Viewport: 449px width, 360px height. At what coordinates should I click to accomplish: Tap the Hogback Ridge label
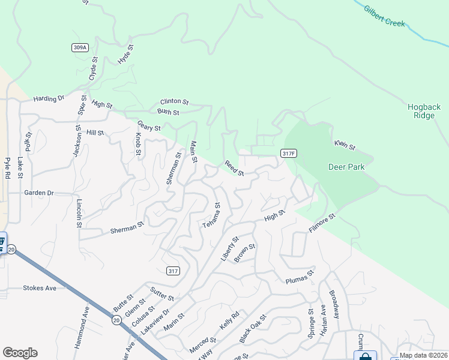424,111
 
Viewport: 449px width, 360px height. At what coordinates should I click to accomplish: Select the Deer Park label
346,167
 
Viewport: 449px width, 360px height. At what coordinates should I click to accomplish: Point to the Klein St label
345,145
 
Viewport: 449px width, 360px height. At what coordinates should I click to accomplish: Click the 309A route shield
78,47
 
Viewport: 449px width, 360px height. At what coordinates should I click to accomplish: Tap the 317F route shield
288,154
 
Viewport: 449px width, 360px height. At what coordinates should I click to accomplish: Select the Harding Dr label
49,98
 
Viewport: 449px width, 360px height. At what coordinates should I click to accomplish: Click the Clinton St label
174,102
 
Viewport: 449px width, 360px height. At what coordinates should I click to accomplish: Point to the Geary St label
149,126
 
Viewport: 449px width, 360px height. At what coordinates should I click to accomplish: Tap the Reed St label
234,168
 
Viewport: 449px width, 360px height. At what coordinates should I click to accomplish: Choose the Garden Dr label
39,193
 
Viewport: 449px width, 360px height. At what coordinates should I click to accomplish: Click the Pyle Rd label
8,169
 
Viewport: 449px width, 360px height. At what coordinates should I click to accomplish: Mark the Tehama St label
211,215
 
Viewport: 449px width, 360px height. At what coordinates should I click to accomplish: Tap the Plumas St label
300,277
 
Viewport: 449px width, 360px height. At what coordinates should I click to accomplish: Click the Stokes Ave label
40,288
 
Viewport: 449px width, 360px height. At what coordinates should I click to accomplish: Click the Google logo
20,353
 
